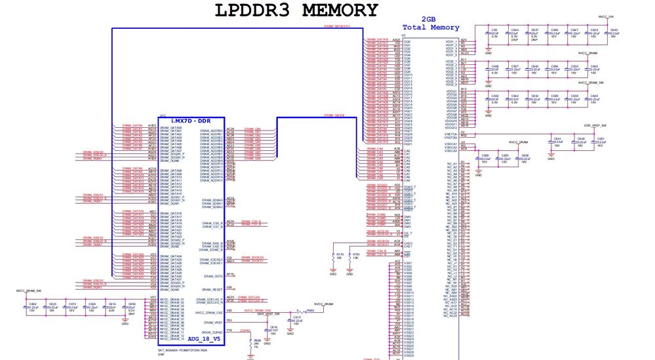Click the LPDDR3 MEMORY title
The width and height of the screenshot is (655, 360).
point(296,11)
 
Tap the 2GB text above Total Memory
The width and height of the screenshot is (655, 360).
point(429,20)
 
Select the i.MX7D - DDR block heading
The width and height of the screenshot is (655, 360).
point(191,121)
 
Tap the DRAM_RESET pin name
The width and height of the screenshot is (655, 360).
point(212,289)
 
